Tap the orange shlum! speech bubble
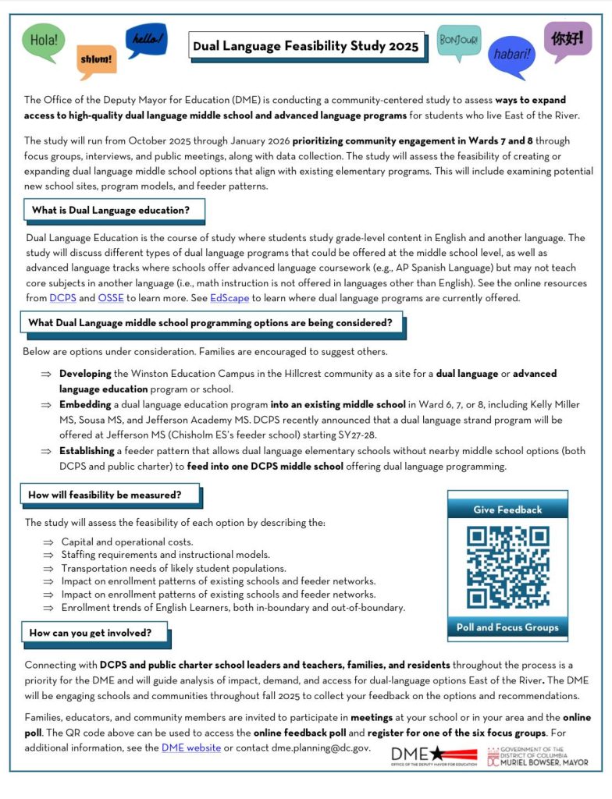[x=97, y=59]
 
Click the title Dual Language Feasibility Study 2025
[x=306, y=46]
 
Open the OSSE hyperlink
[x=111, y=298]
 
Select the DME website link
[x=190, y=748]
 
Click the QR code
[x=507, y=568]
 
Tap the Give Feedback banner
[x=507, y=510]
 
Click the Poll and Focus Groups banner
[x=507, y=627]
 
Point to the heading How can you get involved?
[x=91, y=633]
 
